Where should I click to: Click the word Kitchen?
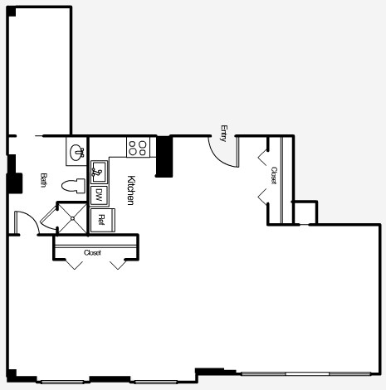pos(131,190)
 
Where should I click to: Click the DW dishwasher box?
pos(99,196)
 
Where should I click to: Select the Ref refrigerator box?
pos(101,220)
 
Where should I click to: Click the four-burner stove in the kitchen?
pos(138,148)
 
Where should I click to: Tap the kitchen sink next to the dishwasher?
pos(99,173)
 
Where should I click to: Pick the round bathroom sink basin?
pos(77,152)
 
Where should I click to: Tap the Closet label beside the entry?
pos(273,174)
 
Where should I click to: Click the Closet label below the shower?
pos(92,252)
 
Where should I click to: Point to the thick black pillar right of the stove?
pos(164,156)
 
